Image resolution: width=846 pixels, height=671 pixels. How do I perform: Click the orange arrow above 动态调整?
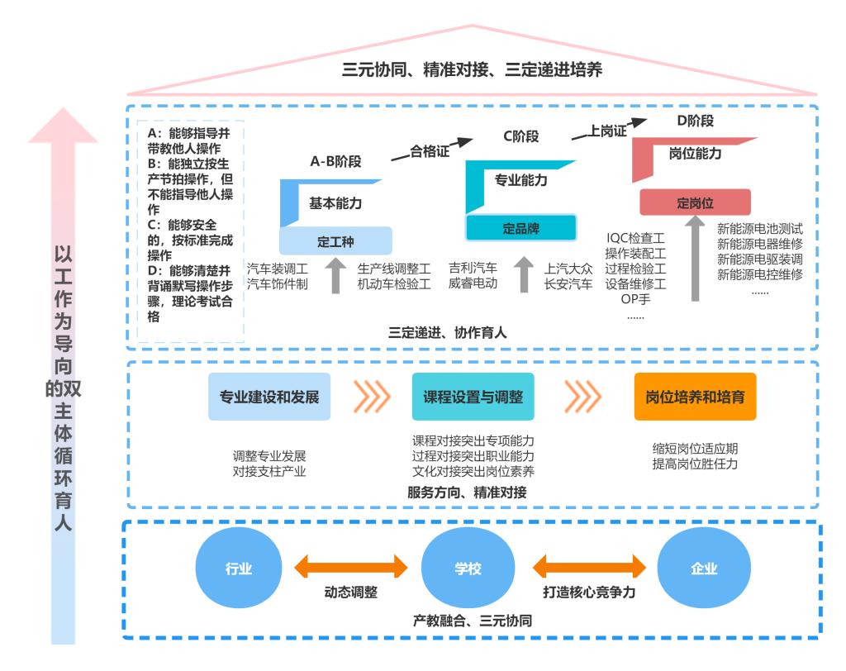tap(352, 567)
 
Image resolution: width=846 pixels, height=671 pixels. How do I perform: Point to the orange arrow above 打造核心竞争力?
tap(589, 567)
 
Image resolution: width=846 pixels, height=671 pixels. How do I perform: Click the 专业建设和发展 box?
tap(263, 397)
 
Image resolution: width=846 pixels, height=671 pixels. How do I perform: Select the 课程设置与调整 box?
tap(473, 397)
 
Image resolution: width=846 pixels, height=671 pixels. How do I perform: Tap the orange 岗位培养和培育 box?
tap(695, 397)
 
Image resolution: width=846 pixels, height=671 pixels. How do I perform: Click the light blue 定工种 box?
tap(335, 241)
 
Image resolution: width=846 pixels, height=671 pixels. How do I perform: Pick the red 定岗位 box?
tap(695, 202)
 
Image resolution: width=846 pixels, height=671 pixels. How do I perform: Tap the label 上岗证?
tap(608, 131)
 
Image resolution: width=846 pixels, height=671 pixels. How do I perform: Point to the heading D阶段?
tap(695, 121)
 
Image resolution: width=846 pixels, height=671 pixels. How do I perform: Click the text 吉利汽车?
tap(473, 269)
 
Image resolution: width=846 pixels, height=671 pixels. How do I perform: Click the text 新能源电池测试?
tap(759, 229)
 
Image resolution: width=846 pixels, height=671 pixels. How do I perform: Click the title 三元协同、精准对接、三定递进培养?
tap(472, 70)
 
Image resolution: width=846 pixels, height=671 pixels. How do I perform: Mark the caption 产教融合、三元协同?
tap(472, 620)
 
